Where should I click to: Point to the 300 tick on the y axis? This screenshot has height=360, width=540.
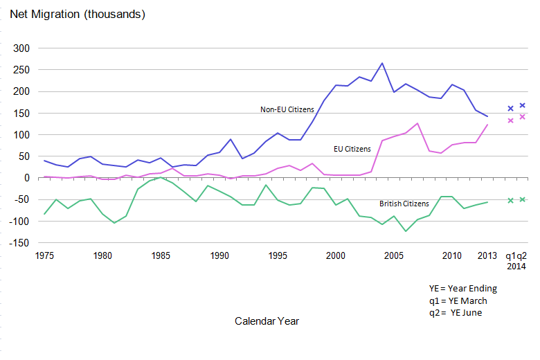pos(22,48)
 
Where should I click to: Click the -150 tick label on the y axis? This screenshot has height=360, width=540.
pos(20,243)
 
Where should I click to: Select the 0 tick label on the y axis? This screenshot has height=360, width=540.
pos(28,178)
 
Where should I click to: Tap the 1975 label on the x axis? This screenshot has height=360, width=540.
pos(44,255)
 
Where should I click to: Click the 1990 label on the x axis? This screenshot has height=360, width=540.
pos(219,255)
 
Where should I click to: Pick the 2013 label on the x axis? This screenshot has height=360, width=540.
pos(488,255)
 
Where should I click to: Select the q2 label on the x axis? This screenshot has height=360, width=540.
pos(523,255)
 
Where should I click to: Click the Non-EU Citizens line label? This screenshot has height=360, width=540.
pos(287,109)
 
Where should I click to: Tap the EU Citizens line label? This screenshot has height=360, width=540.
pos(352,149)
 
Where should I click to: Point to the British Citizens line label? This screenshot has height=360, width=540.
pos(404,204)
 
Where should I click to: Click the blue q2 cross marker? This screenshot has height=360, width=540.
pos(523,105)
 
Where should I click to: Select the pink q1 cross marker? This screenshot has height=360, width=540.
pos(511,120)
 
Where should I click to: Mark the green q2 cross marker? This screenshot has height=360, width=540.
pos(523,199)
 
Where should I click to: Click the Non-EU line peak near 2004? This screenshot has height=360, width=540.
pos(382,63)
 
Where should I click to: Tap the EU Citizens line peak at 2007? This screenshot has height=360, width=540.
pos(417,123)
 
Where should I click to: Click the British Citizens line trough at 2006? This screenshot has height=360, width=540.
pos(406,231)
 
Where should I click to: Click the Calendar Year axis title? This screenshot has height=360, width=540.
pos(267,321)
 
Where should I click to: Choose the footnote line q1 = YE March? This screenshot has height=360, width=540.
pos(458,300)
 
